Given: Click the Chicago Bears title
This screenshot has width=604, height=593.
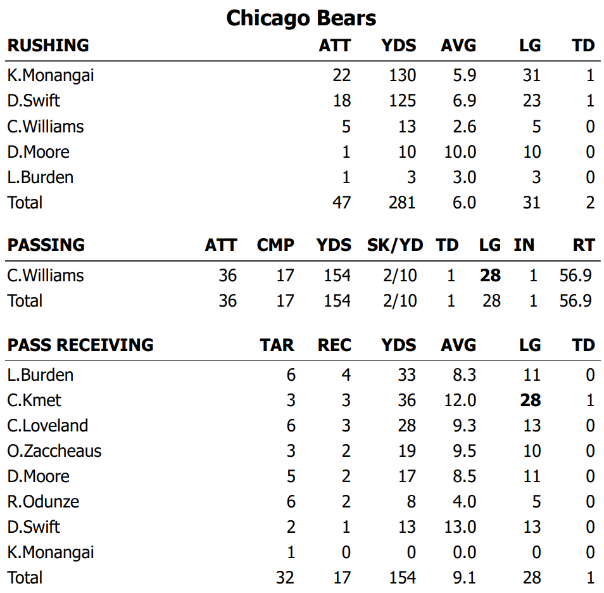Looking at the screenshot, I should pos(301,18).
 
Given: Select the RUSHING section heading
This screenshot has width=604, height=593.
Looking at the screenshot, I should pos(48,46).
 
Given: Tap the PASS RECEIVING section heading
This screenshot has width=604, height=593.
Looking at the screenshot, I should pos(80,345).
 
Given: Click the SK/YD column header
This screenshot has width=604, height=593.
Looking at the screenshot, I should pos(395,245).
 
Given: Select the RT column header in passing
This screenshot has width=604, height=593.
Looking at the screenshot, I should pos(583,245).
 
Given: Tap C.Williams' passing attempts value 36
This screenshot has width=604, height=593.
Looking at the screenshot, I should pos(227,276).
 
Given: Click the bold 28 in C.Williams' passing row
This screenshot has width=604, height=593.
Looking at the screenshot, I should pos(490,276).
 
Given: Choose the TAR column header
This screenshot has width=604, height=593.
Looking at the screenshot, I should pos(277,345).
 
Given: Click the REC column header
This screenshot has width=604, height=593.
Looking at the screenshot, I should pos(334,345).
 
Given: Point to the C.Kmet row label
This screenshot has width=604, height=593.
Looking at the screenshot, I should pos(34,400).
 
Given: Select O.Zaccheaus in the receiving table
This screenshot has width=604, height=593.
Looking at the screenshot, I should pos(54,451).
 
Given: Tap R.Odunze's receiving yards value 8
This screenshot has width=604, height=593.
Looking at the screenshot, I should pos(410,502).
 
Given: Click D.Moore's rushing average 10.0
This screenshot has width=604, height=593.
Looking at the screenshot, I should pos(460,151).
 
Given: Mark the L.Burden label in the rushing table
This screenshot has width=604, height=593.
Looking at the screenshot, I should pos(41,177).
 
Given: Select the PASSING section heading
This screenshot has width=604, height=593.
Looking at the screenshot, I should pos(46,245).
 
